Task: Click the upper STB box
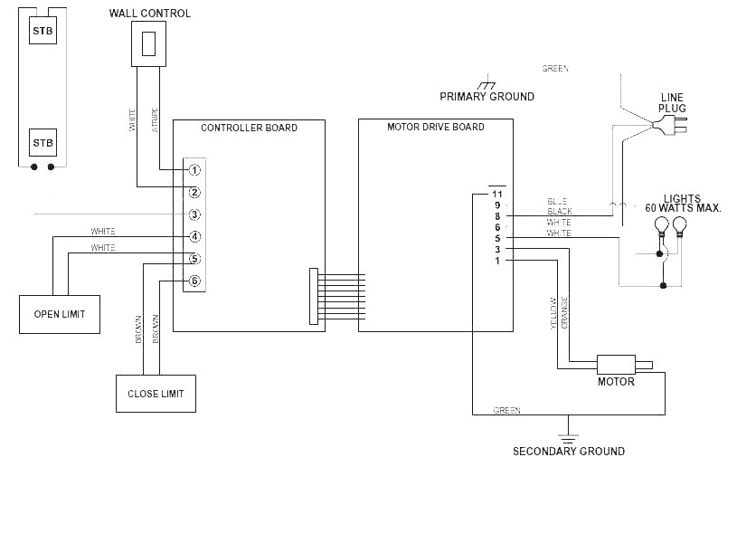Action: (x=43, y=30)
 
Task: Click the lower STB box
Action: (x=43, y=143)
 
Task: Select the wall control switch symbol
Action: (x=150, y=43)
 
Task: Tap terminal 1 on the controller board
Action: (x=194, y=170)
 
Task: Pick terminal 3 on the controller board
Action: (x=194, y=214)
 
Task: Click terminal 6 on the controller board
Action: (x=194, y=281)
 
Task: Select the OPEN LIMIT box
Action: (x=60, y=314)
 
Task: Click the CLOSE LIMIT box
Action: (x=156, y=394)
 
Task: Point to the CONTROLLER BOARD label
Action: (x=249, y=128)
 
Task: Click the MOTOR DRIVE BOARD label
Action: (x=435, y=128)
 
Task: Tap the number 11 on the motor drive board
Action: (x=496, y=194)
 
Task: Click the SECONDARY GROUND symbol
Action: (x=568, y=425)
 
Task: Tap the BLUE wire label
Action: (x=557, y=201)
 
